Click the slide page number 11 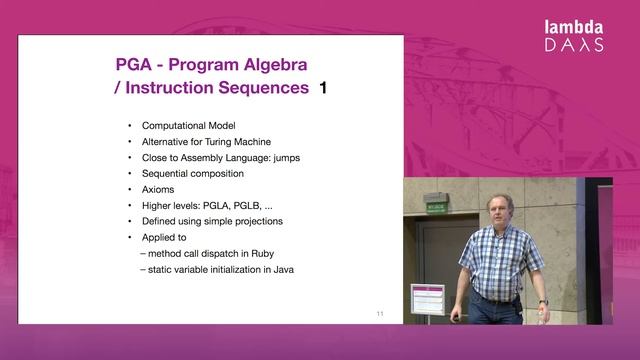coord(380,314)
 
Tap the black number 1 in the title coord(322,89)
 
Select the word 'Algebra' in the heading coord(270,64)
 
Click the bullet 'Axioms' coord(158,189)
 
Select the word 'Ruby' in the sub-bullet coord(273,253)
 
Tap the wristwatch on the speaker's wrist coord(543,303)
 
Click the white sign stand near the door coord(426,300)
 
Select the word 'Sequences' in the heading coord(259,89)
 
